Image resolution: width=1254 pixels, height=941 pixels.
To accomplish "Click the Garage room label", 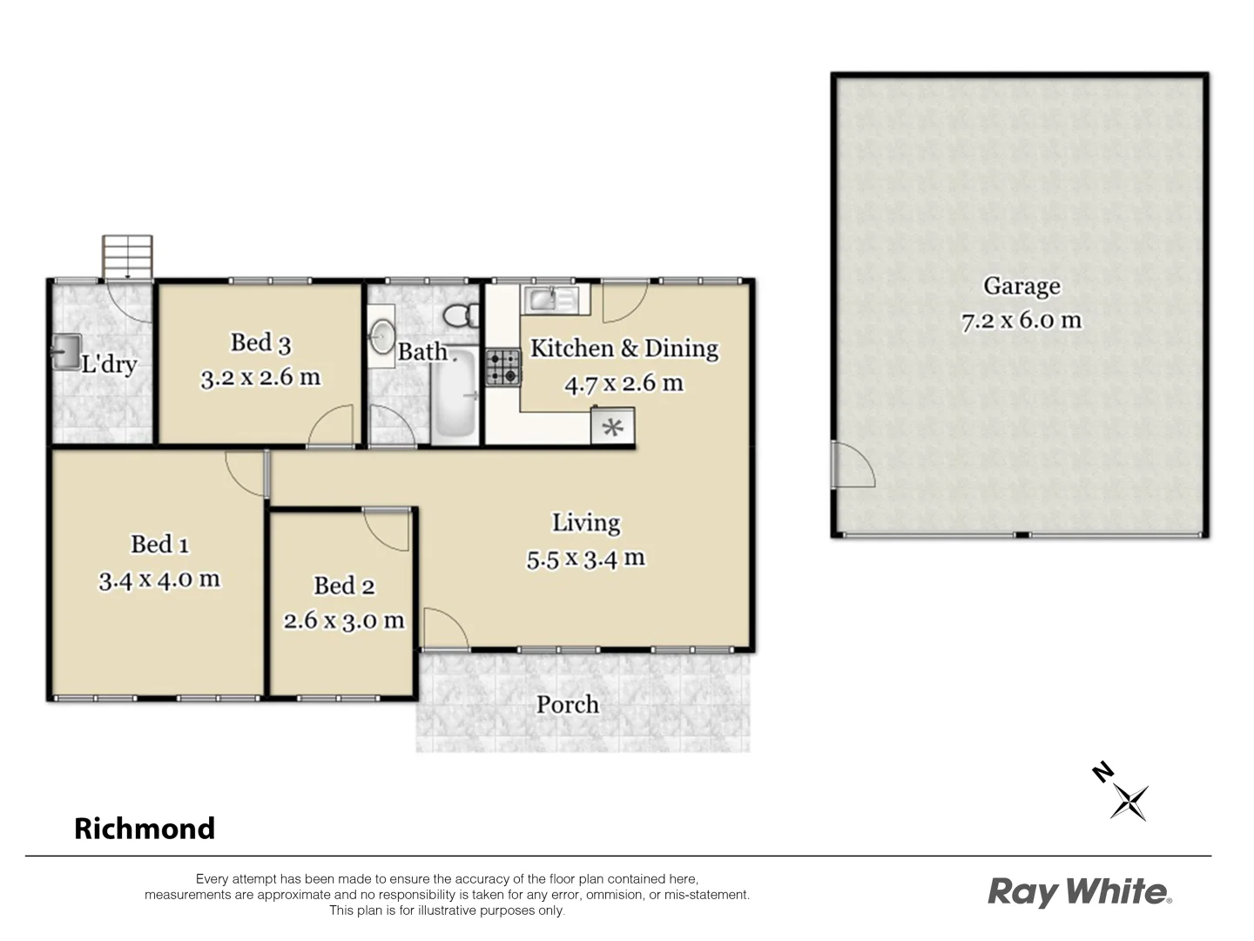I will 1021,286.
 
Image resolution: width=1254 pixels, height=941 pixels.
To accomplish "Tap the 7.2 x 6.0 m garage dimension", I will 1021,321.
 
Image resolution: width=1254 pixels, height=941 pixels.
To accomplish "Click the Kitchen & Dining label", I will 624,349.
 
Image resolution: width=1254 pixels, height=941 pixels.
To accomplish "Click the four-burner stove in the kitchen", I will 502,367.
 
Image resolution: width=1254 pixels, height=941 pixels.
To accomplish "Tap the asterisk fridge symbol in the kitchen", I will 613,428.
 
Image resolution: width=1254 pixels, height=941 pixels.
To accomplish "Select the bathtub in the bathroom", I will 454,393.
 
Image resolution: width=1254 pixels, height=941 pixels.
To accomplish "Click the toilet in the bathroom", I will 460,315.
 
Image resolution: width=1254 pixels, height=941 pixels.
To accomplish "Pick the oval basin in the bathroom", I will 381,337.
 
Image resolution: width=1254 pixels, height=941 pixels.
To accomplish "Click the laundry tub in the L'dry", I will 65,352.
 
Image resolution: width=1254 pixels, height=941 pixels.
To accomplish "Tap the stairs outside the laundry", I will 127,256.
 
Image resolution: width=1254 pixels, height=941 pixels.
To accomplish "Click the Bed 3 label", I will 260,342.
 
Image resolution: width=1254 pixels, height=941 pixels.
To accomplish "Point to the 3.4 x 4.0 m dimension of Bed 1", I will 159,579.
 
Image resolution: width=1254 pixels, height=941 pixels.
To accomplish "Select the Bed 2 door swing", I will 387,529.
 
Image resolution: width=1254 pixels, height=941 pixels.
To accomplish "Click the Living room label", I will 586,523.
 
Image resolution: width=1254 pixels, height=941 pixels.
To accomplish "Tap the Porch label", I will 568,704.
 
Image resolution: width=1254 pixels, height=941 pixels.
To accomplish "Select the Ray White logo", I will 1079,892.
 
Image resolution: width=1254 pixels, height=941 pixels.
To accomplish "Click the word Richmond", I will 145,828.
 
